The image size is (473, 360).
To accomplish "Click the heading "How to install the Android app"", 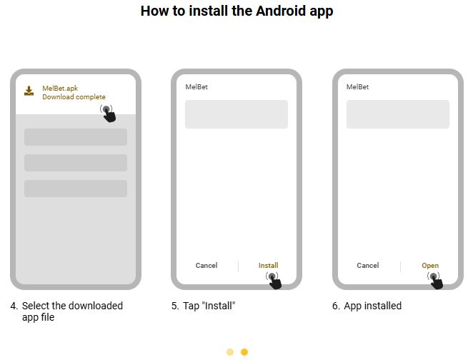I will tap(236, 11).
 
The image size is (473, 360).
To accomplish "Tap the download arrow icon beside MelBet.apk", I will tap(29, 91).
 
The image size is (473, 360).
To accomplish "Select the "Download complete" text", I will tap(74, 97).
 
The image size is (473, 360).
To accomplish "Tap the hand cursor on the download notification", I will tap(109, 114).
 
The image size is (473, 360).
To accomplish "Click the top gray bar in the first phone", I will tap(76, 137).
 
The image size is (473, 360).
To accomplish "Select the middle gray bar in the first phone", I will tap(76, 163).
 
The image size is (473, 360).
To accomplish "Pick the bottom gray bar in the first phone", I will tap(76, 189).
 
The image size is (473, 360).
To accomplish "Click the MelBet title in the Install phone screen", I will tap(196, 87).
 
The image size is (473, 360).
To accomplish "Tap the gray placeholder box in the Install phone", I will tap(236, 114).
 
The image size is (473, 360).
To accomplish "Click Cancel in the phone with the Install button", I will tap(206, 266).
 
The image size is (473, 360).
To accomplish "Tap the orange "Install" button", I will tap(269, 266).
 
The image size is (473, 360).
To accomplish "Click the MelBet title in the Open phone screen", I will tap(358, 87).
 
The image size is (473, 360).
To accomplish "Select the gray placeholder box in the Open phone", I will tap(398, 114).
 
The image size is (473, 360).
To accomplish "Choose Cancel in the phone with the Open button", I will tap(368, 266).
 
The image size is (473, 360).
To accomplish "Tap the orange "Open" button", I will tap(430, 266).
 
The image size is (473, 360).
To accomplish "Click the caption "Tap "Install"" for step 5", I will tap(204, 306).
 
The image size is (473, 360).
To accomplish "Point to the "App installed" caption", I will tap(367, 306).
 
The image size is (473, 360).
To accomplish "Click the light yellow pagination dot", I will tap(230, 352).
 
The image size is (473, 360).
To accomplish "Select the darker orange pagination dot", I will tap(244, 352).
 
